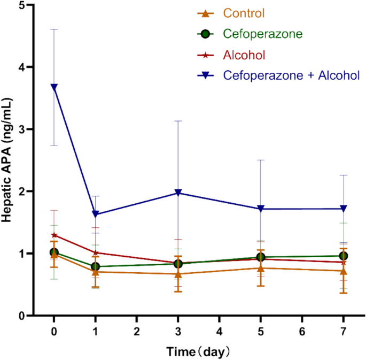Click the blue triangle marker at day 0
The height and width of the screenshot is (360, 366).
(x=54, y=87)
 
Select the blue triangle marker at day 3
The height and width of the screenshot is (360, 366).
(x=178, y=193)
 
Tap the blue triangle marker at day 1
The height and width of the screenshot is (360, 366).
(x=96, y=214)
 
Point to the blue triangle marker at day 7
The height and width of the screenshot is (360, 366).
(x=343, y=209)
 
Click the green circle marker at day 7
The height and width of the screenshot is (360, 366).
(x=343, y=256)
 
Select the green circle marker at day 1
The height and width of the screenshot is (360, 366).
(x=96, y=266)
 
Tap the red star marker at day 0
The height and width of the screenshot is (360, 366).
(x=54, y=235)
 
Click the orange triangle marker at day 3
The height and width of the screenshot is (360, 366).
(x=178, y=273)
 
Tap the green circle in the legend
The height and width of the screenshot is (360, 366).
(x=203, y=34)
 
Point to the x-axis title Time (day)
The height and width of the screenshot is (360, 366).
(x=198, y=351)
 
